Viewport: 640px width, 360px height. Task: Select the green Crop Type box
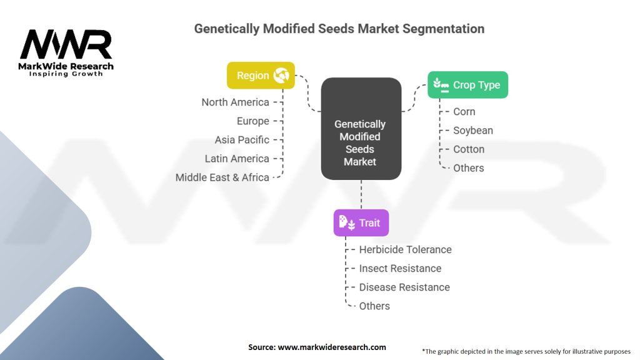point(467,85)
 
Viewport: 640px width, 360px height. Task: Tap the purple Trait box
point(361,222)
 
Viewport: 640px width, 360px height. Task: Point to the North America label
point(235,102)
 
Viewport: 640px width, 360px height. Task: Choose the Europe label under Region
point(252,121)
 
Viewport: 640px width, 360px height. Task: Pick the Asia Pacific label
point(242,139)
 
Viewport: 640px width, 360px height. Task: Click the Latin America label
point(237,158)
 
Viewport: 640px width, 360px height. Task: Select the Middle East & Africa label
point(222,177)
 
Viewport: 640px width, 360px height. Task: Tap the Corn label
point(464,111)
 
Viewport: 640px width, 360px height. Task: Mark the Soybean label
point(472,130)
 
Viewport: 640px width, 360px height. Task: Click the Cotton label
point(468,149)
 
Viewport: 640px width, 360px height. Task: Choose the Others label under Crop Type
point(468,167)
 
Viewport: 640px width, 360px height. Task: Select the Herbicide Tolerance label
point(405,249)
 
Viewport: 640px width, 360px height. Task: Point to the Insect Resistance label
point(400,268)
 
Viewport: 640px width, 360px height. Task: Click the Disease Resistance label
point(404,287)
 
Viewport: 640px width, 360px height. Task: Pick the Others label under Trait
point(374,306)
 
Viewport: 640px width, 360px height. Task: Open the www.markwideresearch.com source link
point(331,347)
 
